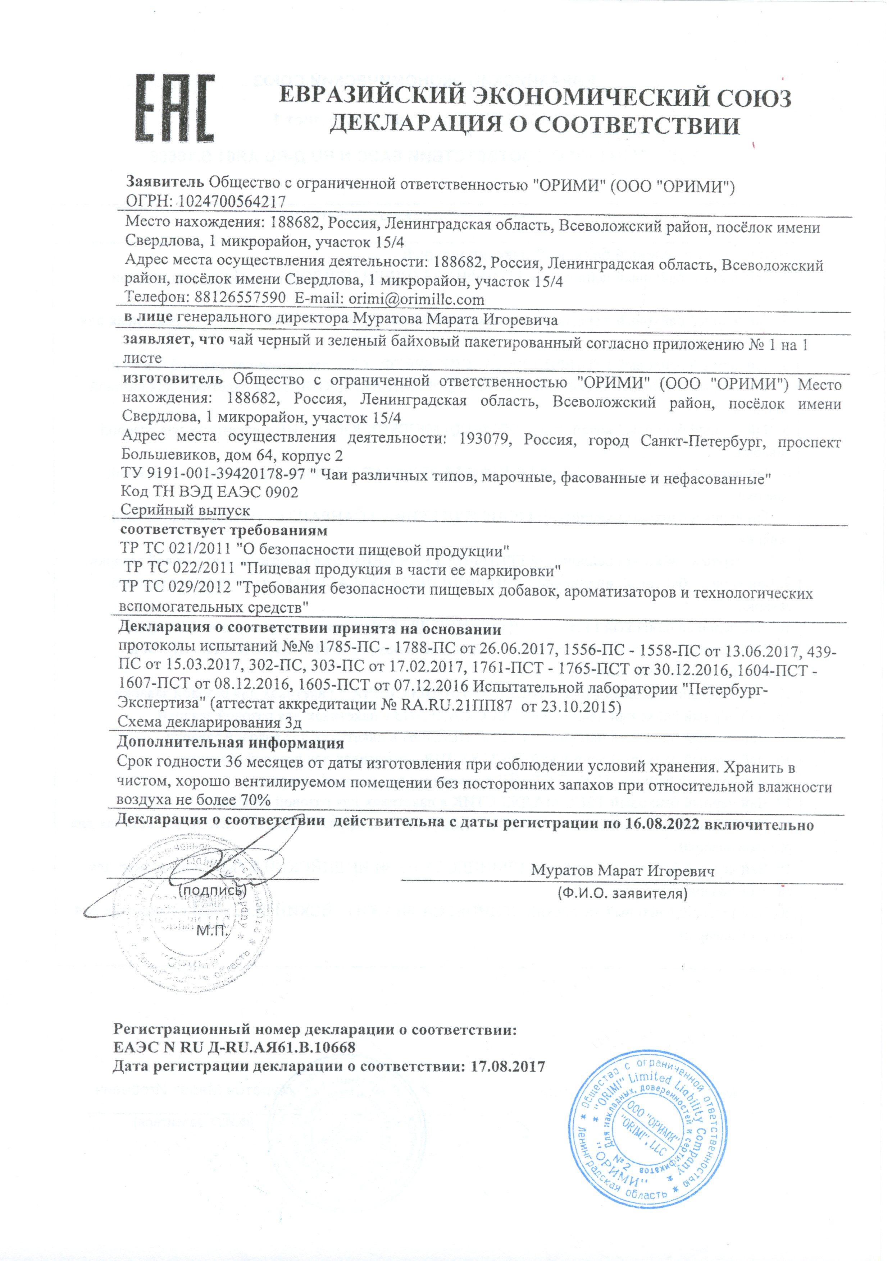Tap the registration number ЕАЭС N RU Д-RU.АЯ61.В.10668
pos(234,1047)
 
